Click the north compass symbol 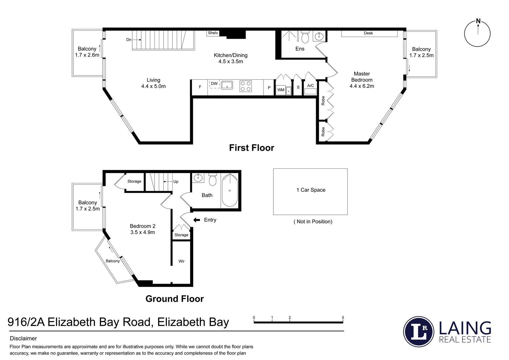point(477,33)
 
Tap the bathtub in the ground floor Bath point(230,191)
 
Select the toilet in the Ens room point(305,37)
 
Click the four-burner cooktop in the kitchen point(246,86)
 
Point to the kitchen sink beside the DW point(227,85)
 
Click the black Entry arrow point(197,220)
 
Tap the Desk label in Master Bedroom point(368,33)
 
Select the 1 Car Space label point(311,190)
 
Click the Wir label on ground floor point(182,261)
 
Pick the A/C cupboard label point(310,86)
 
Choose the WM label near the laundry point(281,90)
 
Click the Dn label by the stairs point(129,40)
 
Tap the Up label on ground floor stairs point(176,182)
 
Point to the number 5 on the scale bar point(343,318)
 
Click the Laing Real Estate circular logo point(418,331)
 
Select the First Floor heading point(252,148)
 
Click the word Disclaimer point(23,339)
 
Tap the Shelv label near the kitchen point(213,33)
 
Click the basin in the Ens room point(319,36)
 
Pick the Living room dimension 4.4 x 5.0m point(153,86)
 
